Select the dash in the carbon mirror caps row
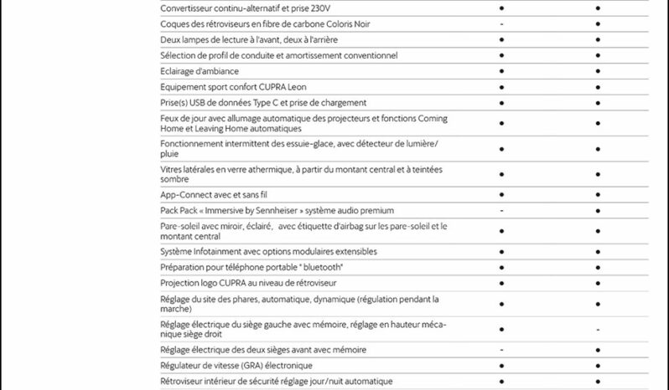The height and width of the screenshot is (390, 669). (x=501, y=24)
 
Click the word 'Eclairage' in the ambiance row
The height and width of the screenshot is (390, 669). (x=177, y=71)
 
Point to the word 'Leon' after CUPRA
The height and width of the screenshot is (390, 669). (x=295, y=87)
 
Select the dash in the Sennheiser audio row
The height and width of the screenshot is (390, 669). (x=501, y=210)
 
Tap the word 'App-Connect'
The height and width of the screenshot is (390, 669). (x=184, y=195)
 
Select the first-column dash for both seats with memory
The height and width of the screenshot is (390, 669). (x=501, y=349)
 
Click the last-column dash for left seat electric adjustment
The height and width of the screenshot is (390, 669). (x=598, y=329)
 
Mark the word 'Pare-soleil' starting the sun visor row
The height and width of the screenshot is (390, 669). (x=179, y=226)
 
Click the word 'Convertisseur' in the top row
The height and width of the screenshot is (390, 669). (x=187, y=8)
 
